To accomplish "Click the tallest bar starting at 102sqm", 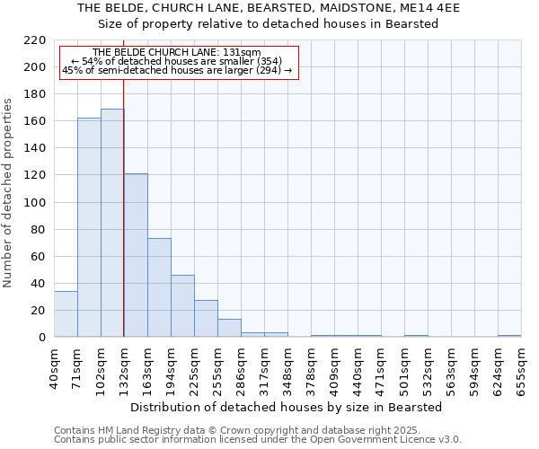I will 112,223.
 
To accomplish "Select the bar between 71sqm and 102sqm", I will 89,227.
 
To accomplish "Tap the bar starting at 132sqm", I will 136,255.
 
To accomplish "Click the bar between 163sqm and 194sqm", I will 159,287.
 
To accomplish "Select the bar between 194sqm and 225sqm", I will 182,305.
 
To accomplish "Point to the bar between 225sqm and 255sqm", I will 206,318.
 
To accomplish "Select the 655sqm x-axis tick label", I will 522,369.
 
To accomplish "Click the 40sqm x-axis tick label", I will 55,369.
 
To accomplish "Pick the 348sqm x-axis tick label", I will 288,369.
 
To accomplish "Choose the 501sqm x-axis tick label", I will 405,369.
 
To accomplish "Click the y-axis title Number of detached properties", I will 9,194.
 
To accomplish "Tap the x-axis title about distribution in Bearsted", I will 286,407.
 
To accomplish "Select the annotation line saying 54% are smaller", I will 176,61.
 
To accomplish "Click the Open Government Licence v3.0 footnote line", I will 258,439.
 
